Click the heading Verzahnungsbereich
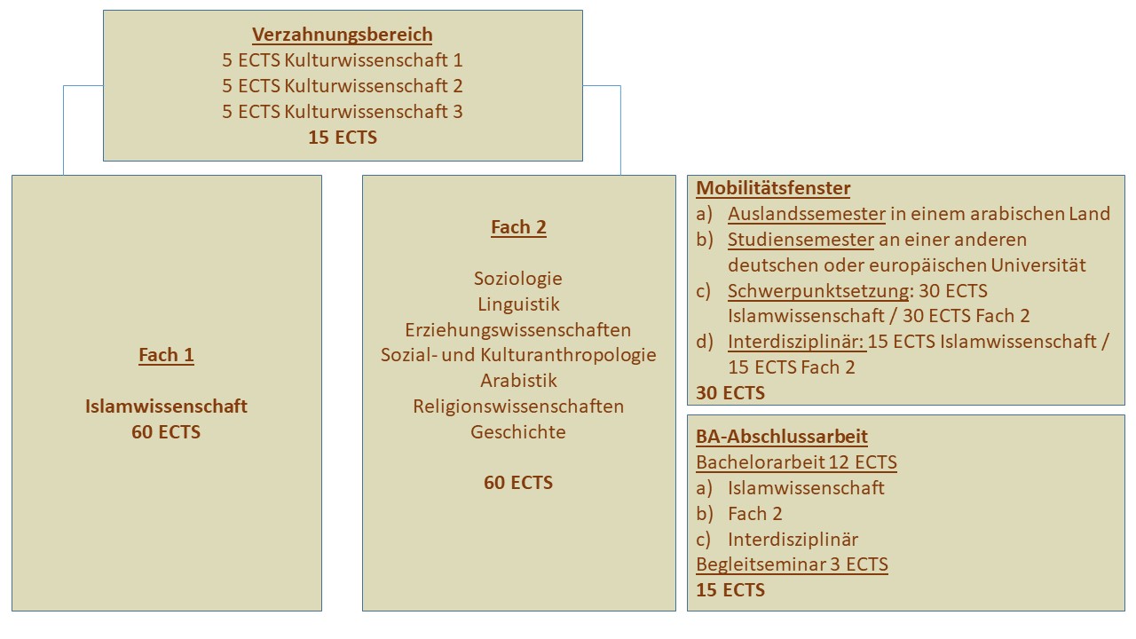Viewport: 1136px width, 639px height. click(343, 35)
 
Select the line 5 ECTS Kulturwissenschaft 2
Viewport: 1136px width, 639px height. click(343, 86)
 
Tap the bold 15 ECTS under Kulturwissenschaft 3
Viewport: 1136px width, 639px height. click(343, 138)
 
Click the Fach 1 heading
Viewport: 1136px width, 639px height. click(166, 355)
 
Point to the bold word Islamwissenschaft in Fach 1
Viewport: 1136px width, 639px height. click(166, 406)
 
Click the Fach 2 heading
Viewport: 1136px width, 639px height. click(519, 227)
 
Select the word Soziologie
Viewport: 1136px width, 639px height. click(518, 279)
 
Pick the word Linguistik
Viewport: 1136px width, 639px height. click(518, 304)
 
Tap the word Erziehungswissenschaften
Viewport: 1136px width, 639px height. click(518, 330)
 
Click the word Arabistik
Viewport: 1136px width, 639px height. click(518, 381)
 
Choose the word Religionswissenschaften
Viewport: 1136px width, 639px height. click(518, 406)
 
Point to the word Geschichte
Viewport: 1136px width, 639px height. click(518, 432)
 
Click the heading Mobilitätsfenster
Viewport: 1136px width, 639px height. click(773, 188)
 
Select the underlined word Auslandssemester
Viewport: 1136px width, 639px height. click(807, 214)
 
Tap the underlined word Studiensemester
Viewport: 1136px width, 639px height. click(801, 240)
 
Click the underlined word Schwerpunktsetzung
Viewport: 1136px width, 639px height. click(818, 291)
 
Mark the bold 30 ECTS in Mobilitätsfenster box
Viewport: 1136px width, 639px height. click(730, 393)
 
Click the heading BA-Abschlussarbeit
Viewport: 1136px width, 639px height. click(782, 437)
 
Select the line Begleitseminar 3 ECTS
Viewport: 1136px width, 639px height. click(793, 564)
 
